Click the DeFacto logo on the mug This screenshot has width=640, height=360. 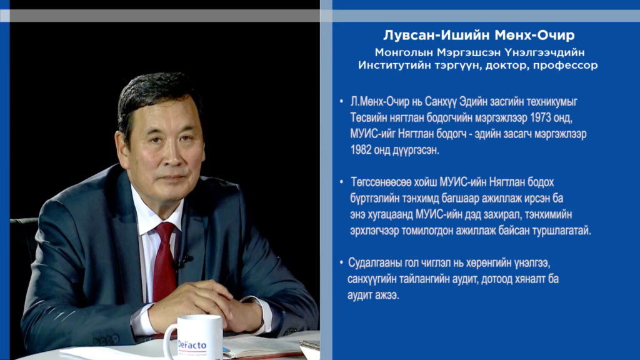[192, 346]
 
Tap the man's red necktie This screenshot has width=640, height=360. [165, 261]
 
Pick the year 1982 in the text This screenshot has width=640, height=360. [361, 150]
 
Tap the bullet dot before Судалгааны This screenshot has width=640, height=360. [341, 262]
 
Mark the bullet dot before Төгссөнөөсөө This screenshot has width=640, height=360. [342, 182]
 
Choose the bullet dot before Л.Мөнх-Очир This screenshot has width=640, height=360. [342, 101]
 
